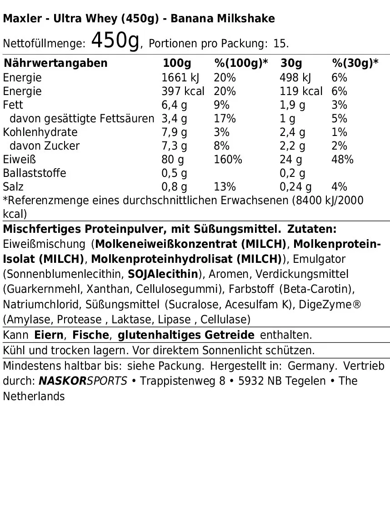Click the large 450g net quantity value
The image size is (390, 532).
pyautogui.click(x=115, y=41)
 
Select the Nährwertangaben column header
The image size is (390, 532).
pyautogui.click(x=55, y=63)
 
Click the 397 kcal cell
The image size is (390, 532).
pyautogui.click(x=183, y=91)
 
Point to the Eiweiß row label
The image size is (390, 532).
pyautogui.click(x=19, y=160)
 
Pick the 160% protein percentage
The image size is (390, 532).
pyautogui.click(x=228, y=160)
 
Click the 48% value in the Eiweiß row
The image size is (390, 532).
pyautogui.click(x=342, y=160)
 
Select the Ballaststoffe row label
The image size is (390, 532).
pyautogui.click(x=35, y=173)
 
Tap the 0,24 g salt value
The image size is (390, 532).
pyautogui.click(x=295, y=187)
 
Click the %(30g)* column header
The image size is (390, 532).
pyautogui.click(x=355, y=63)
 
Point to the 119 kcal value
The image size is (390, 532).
pyautogui.click(x=301, y=91)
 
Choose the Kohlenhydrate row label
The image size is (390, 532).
pyautogui.click(x=40, y=132)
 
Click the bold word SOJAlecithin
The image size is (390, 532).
pyautogui.click(x=163, y=274)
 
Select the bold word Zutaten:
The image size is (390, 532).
pyautogui.click(x=312, y=229)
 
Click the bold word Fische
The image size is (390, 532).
pyautogui.click(x=91, y=336)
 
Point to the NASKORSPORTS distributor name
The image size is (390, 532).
pyautogui.click(x=83, y=381)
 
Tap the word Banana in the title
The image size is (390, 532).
pyautogui.click(x=199, y=19)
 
